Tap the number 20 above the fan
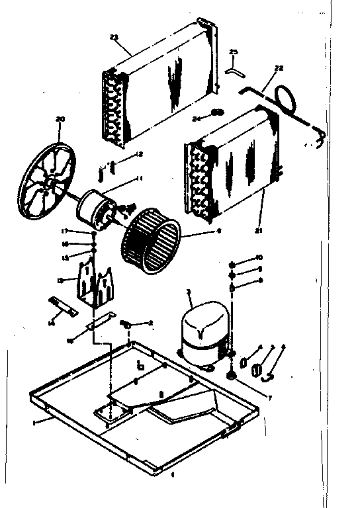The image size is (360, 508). pyautogui.click(x=61, y=119)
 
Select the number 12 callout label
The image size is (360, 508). pyautogui.click(x=139, y=155)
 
